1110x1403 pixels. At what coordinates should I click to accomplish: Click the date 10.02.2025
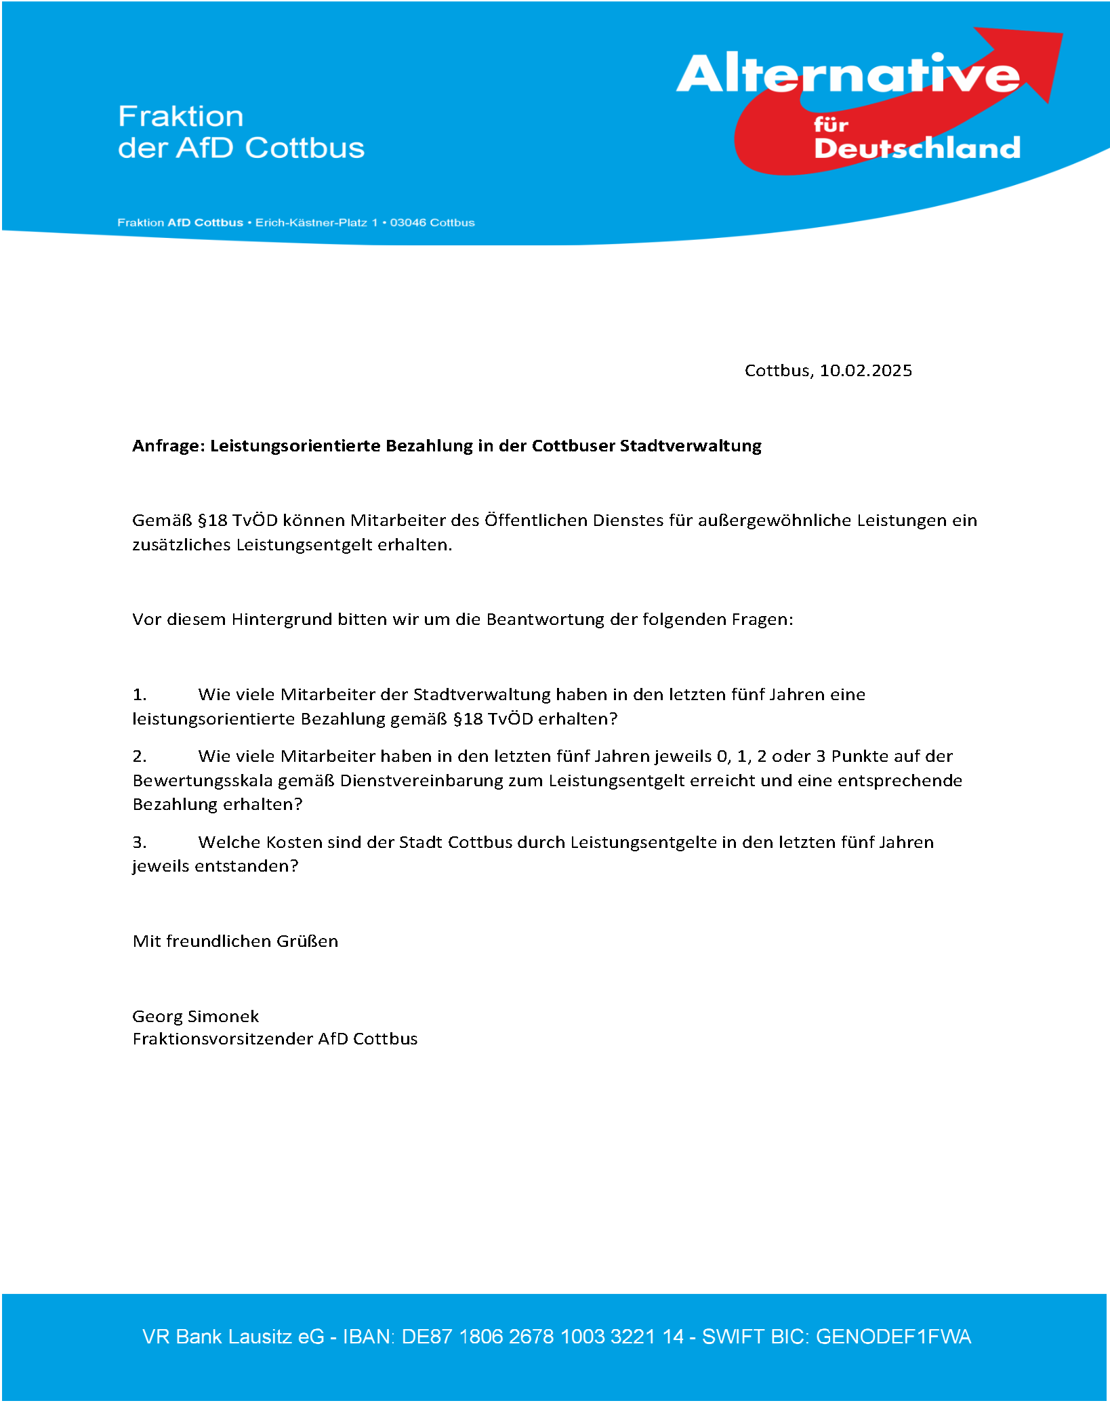click(x=865, y=371)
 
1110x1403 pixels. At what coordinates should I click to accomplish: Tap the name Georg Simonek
click(x=195, y=1016)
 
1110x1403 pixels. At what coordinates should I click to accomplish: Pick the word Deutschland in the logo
click(x=917, y=148)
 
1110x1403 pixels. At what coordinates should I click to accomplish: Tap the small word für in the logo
click(x=831, y=125)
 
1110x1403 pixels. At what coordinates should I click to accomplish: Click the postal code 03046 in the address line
click(x=408, y=223)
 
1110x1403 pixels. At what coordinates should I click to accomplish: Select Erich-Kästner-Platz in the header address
click(x=311, y=223)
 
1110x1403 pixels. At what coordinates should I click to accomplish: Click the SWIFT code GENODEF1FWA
click(x=893, y=1337)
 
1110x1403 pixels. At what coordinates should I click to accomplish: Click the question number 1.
click(x=139, y=695)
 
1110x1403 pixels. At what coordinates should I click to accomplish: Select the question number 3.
click(x=139, y=842)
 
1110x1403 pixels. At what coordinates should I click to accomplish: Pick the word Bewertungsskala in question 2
click(x=202, y=781)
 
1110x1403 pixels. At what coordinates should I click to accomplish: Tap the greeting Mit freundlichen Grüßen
click(x=235, y=941)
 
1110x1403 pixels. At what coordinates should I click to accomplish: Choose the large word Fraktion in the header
click(x=181, y=117)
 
